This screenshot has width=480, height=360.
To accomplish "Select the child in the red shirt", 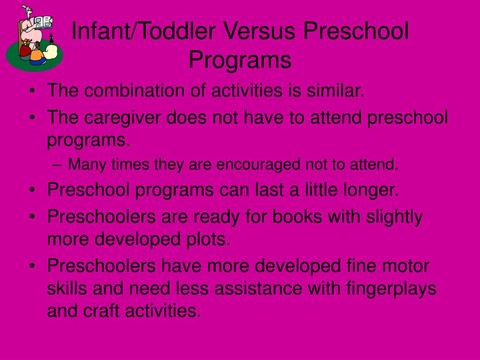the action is tap(25, 52).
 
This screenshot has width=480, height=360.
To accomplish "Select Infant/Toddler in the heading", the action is tap(143, 31).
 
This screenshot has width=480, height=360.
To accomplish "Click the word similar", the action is tap(336, 90).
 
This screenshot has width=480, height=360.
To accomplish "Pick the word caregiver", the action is tap(122, 118).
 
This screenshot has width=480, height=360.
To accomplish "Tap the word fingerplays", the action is tap(391, 289).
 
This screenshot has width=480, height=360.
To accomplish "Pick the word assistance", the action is tap(258, 289).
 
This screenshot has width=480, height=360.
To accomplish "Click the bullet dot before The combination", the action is tap(32, 91).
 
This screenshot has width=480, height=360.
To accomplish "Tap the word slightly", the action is tap(394, 217).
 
